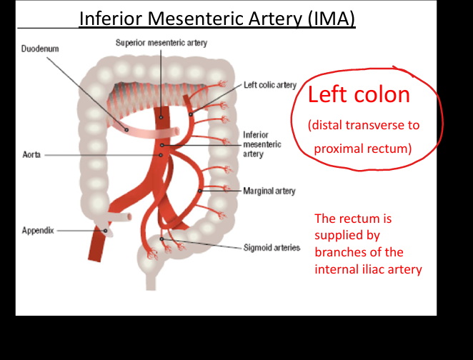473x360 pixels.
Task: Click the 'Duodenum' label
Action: [40, 49]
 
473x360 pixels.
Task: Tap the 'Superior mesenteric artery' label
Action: [161, 43]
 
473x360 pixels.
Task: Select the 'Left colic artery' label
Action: [270, 85]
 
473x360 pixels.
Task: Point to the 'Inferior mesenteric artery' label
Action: [262, 144]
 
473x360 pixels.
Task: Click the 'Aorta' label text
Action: [31, 155]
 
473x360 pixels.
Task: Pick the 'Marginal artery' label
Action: [269, 191]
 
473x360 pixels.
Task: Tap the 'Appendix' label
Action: [38, 230]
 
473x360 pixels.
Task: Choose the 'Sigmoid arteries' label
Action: [272, 248]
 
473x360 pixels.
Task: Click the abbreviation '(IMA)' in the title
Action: [332, 19]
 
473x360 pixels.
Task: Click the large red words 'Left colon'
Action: [359, 94]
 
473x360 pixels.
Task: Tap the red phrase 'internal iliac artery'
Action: [368, 269]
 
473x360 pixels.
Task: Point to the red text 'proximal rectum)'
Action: [363, 149]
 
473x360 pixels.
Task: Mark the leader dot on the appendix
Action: [105, 231]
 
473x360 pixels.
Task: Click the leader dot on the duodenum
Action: [126, 130]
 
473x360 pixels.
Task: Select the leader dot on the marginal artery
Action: [199, 191]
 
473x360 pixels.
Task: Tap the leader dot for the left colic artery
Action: [191, 114]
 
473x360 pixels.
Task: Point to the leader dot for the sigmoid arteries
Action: [161, 239]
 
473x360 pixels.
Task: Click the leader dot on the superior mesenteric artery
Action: [161, 117]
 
